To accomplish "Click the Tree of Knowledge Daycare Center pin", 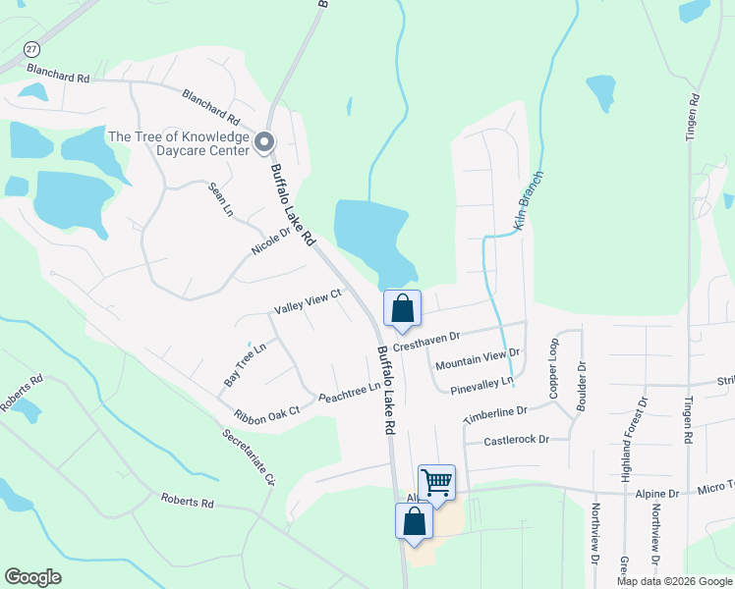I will [x=264, y=143].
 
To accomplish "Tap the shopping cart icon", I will [x=436, y=482].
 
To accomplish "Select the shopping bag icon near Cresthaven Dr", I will [x=402, y=308].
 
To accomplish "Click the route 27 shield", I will [x=32, y=50].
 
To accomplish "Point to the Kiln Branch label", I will [x=530, y=201].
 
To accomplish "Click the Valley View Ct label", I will [x=308, y=301].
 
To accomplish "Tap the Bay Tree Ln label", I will [x=246, y=363].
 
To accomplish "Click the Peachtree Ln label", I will [x=350, y=393].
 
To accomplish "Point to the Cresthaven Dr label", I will [x=426, y=342].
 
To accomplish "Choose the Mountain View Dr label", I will [x=477, y=358].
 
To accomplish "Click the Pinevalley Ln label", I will [x=481, y=386].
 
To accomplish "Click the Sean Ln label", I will [x=220, y=199].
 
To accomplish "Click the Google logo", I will [x=32, y=577].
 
